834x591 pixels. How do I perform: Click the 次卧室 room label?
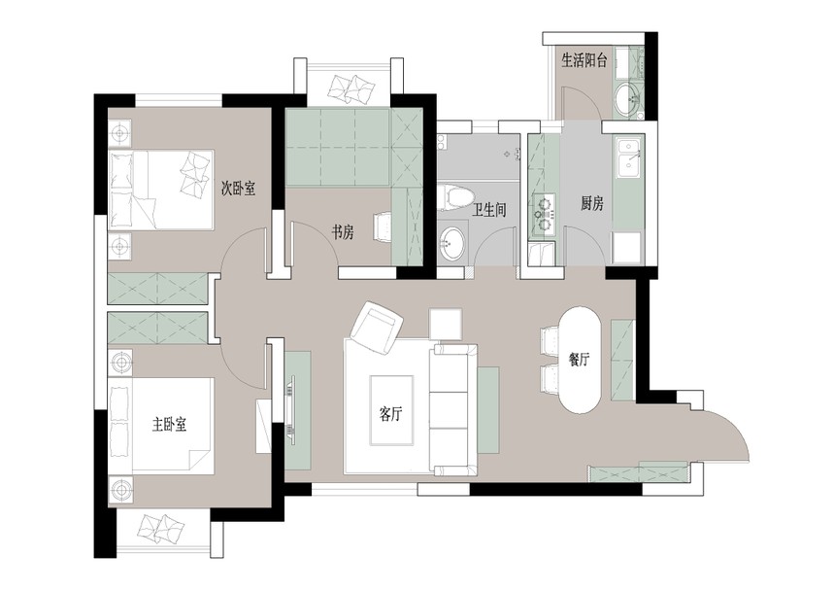(238, 188)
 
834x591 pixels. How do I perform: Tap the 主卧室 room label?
(169, 425)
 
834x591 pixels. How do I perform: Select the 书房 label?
(343, 232)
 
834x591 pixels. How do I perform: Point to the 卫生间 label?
(488, 210)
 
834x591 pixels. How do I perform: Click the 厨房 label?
(591, 203)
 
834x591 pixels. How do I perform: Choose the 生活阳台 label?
(584, 60)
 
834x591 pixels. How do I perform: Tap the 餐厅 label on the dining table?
(579, 360)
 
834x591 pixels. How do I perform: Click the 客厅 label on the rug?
(390, 413)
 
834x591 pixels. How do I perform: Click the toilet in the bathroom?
(454, 197)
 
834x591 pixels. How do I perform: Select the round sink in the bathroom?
(452, 244)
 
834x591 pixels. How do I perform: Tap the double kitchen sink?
(629, 158)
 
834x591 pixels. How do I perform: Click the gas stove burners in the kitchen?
(544, 210)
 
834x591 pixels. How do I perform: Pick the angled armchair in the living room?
(376, 327)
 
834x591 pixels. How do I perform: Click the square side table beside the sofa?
(446, 324)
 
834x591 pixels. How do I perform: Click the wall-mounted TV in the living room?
(290, 407)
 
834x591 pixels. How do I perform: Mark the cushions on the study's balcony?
(350, 88)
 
